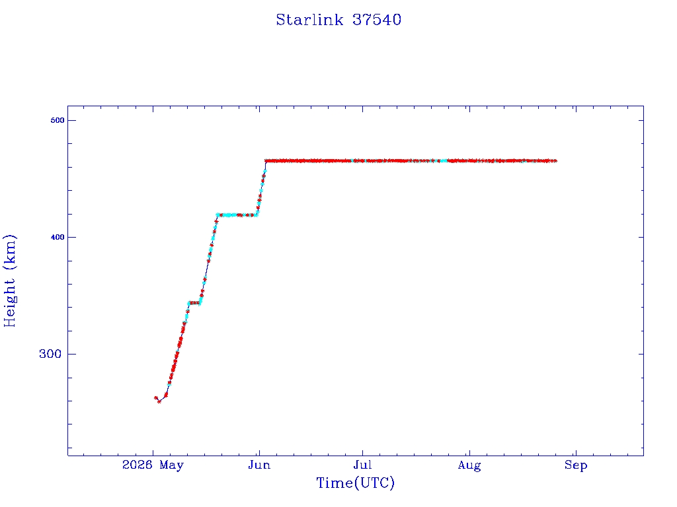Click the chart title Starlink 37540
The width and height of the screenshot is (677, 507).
[x=338, y=20]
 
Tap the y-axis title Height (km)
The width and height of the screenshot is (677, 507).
[x=9, y=281]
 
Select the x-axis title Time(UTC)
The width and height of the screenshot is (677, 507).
[x=355, y=483]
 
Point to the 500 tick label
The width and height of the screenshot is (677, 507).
[x=58, y=120]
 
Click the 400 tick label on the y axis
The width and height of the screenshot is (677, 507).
[x=58, y=237]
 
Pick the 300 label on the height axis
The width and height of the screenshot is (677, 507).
[x=50, y=354]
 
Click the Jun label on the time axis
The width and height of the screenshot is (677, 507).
[x=259, y=465]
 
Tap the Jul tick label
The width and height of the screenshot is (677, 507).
[x=362, y=465]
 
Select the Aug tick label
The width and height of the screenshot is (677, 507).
[x=469, y=465]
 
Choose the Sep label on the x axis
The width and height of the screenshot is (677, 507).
[x=576, y=465]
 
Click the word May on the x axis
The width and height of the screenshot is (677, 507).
[x=171, y=465]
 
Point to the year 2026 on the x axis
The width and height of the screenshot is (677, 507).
[x=138, y=465]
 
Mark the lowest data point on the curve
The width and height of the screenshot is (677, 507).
[x=159, y=402]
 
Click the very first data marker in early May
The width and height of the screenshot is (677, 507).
[x=156, y=398]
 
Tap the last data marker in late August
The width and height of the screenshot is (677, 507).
[x=555, y=161]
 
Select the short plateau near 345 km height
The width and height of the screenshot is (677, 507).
[x=194, y=302]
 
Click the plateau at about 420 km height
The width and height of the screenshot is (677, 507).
[x=237, y=215]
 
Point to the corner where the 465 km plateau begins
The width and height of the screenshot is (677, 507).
[x=266, y=161]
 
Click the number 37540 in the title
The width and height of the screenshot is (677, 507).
[x=377, y=20]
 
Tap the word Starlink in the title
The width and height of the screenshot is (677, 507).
[x=309, y=20]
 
